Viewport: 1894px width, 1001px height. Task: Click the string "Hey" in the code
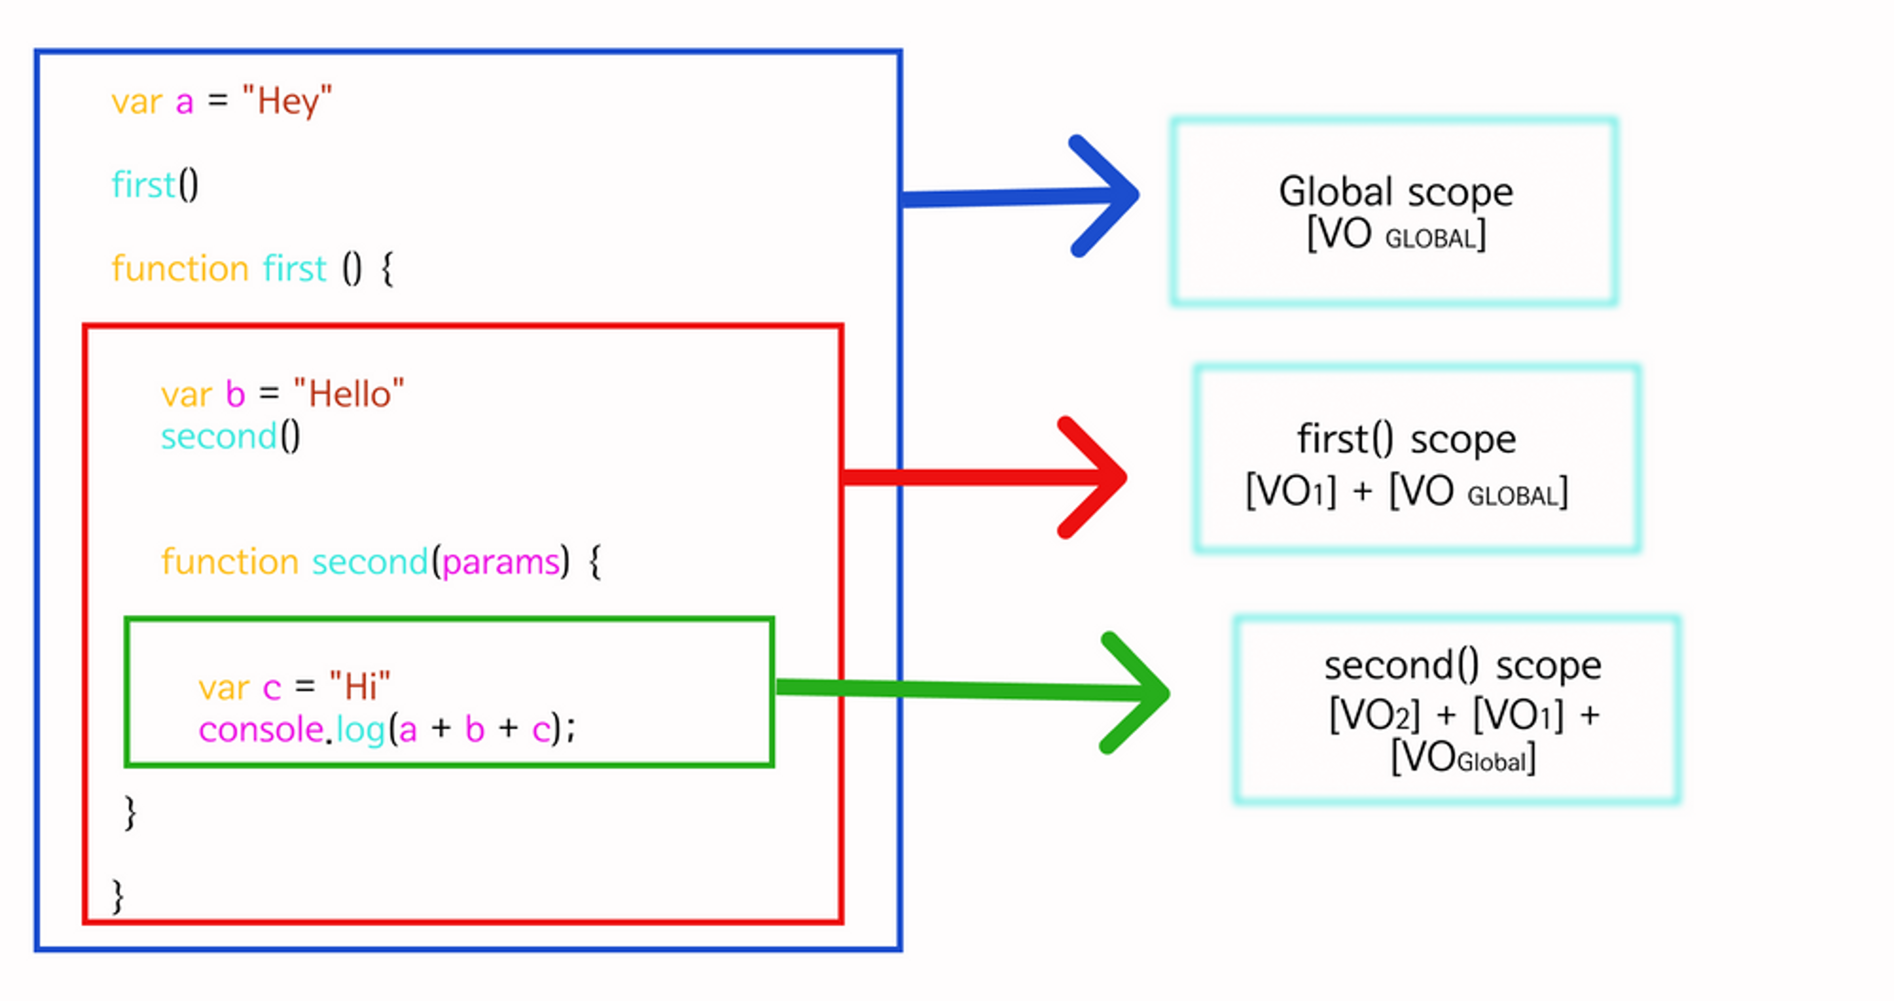287,101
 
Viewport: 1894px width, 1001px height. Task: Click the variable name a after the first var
184,102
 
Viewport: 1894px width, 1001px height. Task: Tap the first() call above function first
154,184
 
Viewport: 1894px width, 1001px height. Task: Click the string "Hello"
349,394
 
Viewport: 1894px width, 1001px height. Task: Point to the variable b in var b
235,395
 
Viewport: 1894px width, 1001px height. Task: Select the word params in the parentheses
501,563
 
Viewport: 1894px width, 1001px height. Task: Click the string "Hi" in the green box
360,687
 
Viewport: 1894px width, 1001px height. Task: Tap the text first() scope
1406,440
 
